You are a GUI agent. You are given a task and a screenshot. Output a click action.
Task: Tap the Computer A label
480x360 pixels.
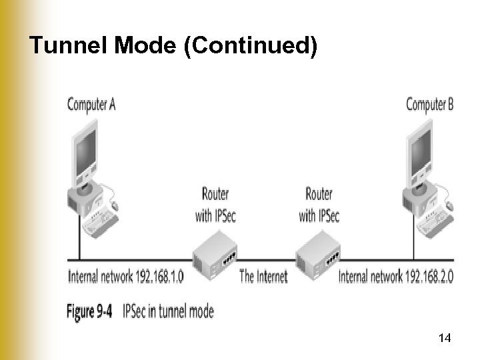[x=91, y=105]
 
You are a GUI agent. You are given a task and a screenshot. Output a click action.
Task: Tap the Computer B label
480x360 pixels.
[x=429, y=105]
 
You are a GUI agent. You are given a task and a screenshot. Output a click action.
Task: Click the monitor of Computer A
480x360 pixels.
[x=85, y=150]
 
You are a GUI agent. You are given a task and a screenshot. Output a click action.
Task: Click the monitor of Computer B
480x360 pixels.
[x=421, y=150]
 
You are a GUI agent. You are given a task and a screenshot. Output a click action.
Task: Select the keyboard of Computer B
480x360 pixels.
[x=435, y=219]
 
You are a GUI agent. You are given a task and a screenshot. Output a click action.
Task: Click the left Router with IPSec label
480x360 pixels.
[x=215, y=204]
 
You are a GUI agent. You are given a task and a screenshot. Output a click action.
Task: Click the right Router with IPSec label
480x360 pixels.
[x=319, y=204]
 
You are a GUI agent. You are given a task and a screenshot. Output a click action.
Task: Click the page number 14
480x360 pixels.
[x=445, y=339]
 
